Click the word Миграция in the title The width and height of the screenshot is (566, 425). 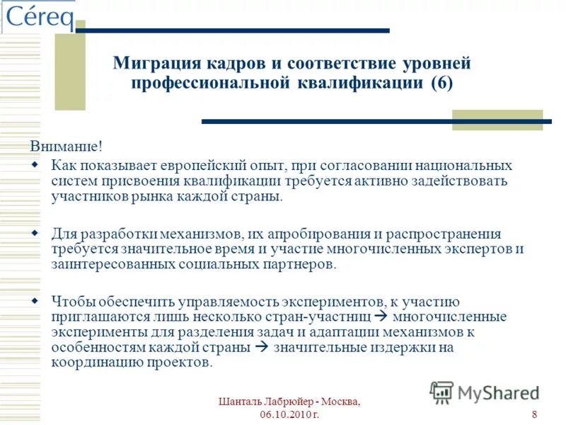(x=153, y=64)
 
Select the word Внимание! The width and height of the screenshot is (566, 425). (x=66, y=147)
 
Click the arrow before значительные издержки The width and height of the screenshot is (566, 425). (x=260, y=348)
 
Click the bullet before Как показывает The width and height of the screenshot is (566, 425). (x=35, y=165)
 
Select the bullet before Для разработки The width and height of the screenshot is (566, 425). (x=35, y=234)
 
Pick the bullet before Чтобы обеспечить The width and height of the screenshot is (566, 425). (x=35, y=301)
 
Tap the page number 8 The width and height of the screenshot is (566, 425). (x=533, y=414)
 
